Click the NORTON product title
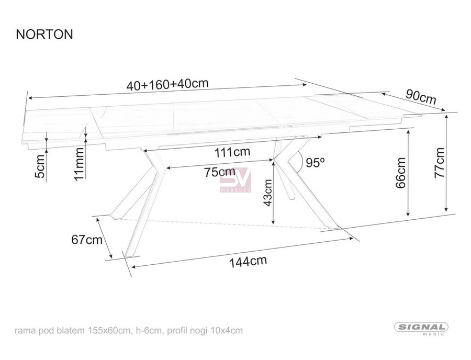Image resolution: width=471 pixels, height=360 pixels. click(44, 34)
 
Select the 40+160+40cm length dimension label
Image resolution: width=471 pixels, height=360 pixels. click(167, 84)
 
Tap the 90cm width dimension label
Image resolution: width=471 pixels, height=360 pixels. click(421, 96)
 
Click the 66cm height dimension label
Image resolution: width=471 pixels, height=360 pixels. click(401, 173)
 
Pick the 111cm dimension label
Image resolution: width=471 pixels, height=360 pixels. click(232, 152)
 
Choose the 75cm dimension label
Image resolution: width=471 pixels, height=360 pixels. click(220, 172)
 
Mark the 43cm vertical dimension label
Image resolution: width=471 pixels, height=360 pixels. click(267, 193)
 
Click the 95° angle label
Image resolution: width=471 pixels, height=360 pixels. click(315, 162)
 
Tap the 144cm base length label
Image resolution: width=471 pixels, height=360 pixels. click(248, 262)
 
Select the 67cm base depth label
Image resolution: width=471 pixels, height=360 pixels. click(87, 240)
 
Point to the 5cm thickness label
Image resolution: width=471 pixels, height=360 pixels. click(40, 166)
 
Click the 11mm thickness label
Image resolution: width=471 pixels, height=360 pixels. click(80, 164)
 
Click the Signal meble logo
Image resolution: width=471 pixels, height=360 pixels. click(421, 328)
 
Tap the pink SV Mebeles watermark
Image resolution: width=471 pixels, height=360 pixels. click(235, 180)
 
